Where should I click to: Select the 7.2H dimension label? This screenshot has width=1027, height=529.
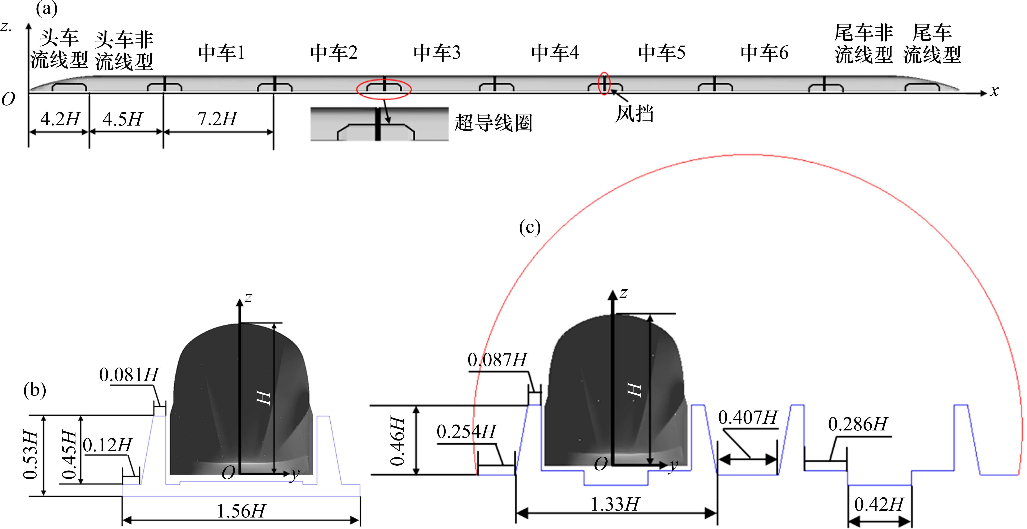tap(217, 118)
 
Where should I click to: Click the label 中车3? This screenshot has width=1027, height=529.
tap(437, 53)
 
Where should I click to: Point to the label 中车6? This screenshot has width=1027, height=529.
tap(764, 53)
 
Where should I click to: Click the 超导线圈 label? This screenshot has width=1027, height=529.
tap(493, 122)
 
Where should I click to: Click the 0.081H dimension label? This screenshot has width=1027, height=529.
tap(129, 375)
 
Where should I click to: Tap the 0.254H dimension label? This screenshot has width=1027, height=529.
tap(467, 431)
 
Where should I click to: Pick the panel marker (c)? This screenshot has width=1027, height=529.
tap(530, 227)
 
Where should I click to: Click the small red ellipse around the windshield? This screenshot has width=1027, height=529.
tap(604, 83)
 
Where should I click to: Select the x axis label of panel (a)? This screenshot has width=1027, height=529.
tap(994, 91)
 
